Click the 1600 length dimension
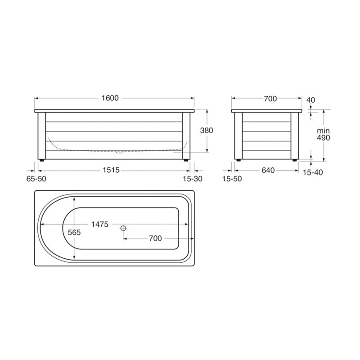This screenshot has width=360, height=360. tap(110, 98)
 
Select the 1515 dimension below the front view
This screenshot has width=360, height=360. tap(111, 170)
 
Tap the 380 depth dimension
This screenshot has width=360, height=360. tap(207, 130)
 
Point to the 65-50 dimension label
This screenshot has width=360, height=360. tap(36, 179)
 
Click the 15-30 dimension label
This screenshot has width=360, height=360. tap(193, 179)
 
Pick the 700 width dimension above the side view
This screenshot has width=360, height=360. tap(270, 99)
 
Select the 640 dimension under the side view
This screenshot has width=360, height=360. tap(268, 171)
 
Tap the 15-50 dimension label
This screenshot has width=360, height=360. tap(232, 179)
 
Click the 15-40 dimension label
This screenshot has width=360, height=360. tap(313, 172)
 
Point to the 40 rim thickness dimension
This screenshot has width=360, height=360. tap(311, 100)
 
